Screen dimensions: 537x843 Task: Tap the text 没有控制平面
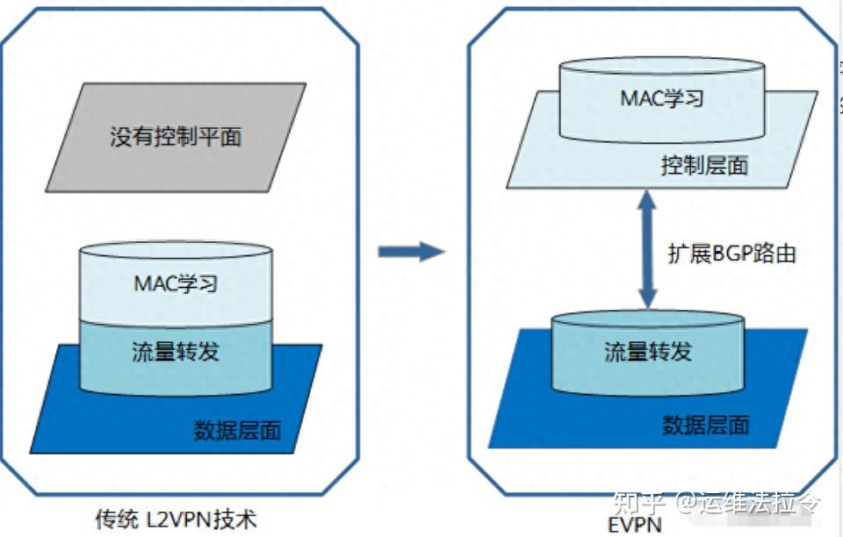click(x=176, y=137)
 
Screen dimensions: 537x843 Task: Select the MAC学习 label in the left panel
click(x=176, y=283)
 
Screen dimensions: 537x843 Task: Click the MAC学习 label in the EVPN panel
click(x=662, y=98)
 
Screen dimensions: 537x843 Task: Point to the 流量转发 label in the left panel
click(x=176, y=351)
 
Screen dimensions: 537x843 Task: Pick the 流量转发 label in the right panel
click(x=648, y=352)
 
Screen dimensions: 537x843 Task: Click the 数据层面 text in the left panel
click(x=237, y=430)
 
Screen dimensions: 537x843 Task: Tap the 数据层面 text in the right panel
click(x=706, y=426)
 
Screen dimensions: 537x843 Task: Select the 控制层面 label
click(x=704, y=165)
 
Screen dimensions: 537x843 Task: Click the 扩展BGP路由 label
click(x=732, y=254)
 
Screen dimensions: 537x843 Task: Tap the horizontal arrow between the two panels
click(x=411, y=252)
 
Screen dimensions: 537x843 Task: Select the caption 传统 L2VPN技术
click(x=176, y=519)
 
